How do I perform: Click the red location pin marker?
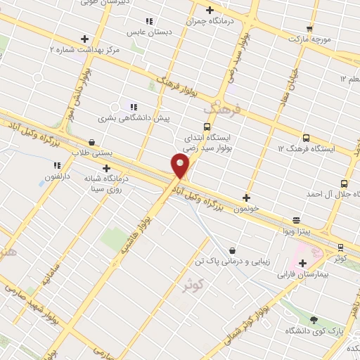pos(180,166)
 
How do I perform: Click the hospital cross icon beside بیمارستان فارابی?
pos(302,263)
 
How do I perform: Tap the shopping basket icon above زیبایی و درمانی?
pos(232,250)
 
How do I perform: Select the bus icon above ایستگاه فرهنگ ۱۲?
pos(305,138)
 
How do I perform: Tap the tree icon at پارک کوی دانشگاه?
pos(314,320)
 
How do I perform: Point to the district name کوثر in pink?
pos(192,286)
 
